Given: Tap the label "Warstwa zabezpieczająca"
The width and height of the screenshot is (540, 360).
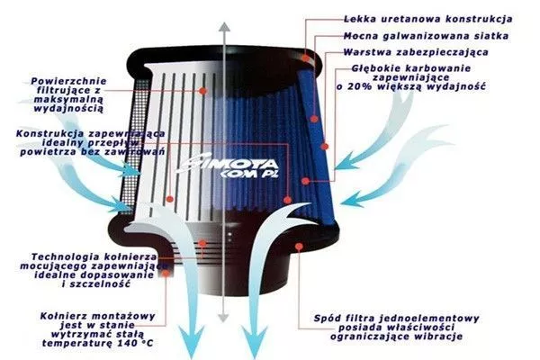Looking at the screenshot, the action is (x=416, y=52).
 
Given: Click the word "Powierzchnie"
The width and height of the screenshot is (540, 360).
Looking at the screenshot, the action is (x=69, y=81).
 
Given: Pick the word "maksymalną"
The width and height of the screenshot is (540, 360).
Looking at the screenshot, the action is (x=68, y=100).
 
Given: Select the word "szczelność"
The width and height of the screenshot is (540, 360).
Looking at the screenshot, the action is (x=101, y=284).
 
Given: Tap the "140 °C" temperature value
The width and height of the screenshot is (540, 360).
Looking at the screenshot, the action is (x=135, y=343).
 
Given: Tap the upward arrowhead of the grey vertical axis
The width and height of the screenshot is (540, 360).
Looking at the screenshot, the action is (x=224, y=27).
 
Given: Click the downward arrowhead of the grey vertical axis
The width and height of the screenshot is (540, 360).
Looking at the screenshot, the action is (x=224, y=318).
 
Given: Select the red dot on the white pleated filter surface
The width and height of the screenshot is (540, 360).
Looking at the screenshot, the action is (x=203, y=91).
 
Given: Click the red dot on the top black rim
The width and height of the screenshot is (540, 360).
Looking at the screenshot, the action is (x=306, y=58).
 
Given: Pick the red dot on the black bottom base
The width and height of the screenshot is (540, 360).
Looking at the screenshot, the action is (x=299, y=247).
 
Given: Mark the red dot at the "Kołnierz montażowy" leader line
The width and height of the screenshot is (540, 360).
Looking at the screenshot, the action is (x=166, y=274).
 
